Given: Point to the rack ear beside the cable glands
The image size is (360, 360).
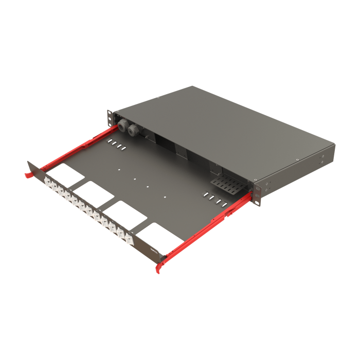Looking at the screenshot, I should click(110, 117).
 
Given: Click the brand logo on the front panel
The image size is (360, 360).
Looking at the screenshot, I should click(153, 251).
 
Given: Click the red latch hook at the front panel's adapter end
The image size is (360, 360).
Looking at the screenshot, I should click(26, 174).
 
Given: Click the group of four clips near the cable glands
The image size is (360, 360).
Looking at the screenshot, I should click(116, 146).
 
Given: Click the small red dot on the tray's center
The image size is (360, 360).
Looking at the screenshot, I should click(135, 179).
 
